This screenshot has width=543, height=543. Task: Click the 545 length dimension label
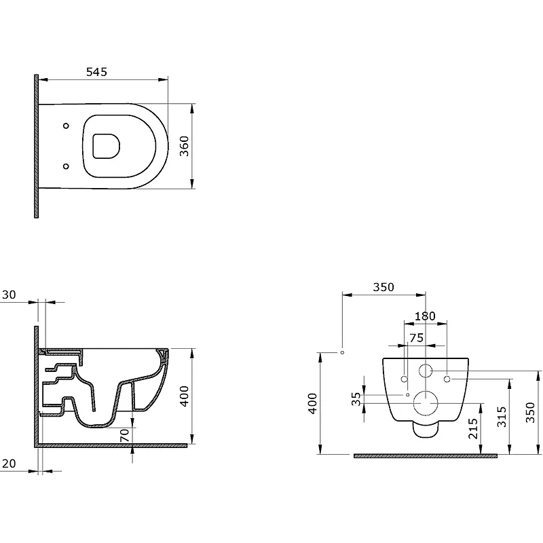(96, 72)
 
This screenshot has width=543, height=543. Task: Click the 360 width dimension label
(185, 146)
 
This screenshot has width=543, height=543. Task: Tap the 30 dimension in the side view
(9, 295)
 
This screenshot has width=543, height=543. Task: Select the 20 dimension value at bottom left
(9, 464)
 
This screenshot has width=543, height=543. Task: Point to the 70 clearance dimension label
(125, 435)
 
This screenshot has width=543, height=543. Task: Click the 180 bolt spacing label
(425, 316)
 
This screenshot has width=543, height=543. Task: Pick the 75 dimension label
(416, 337)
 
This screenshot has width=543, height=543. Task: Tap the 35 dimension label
(356, 398)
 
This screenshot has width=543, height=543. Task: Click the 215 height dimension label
(473, 428)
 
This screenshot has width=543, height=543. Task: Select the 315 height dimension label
(502, 417)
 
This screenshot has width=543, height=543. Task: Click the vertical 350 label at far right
(531, 412)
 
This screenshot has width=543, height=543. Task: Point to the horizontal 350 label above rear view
(383, 286)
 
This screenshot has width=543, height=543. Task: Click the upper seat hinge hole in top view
(66, 126)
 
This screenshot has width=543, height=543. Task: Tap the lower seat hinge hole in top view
(66, 166)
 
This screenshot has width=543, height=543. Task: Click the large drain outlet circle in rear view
(426, 403)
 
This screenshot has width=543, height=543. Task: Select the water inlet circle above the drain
(426, 371)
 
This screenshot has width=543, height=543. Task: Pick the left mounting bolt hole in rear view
(404, 379)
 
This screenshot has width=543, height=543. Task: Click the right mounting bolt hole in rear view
(447, 379)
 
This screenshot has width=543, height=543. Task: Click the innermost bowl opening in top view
(106, 146)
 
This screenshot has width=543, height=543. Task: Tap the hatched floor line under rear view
(426, 456)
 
